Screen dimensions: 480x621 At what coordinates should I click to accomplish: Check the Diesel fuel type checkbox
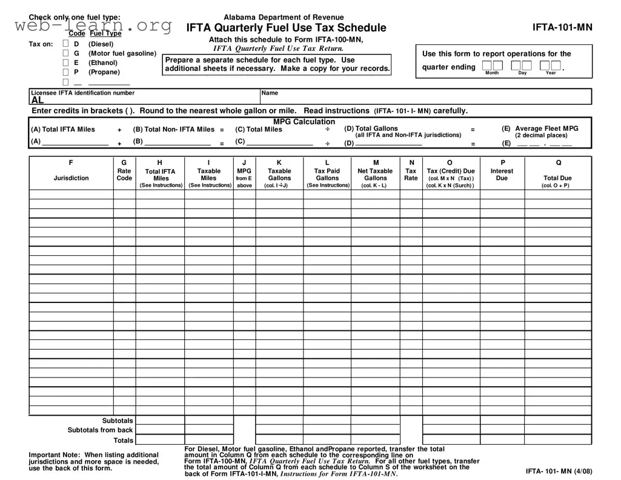tap(66, 44)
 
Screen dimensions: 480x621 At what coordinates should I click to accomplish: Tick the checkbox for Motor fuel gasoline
tap(66, 53)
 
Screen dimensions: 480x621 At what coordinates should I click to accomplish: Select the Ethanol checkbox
tap(66, 62)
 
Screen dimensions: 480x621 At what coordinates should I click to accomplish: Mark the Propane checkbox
tap(66, 72)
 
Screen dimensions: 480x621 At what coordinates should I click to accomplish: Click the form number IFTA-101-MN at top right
tap(562, 27)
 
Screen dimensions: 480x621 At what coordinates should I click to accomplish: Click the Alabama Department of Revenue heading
tap(284, 18)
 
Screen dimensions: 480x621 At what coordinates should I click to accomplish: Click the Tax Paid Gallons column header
tap(327, 175)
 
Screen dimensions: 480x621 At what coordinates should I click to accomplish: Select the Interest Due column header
tap(502, 175)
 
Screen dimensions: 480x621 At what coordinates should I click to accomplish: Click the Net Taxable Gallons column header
tap(376, 175)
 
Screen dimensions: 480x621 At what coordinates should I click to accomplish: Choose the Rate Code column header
tap(124, 175)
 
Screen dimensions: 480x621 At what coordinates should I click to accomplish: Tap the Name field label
tap(270, 93)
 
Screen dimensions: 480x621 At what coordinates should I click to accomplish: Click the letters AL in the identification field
tap(38, 101)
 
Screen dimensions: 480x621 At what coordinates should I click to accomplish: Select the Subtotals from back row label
tap(100, 430)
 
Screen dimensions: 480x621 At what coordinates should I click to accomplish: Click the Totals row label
tap(124, 440)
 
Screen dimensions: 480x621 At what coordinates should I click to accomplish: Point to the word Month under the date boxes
tap(492, 73)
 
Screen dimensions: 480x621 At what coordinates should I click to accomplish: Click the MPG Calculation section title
tap(304, 122)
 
